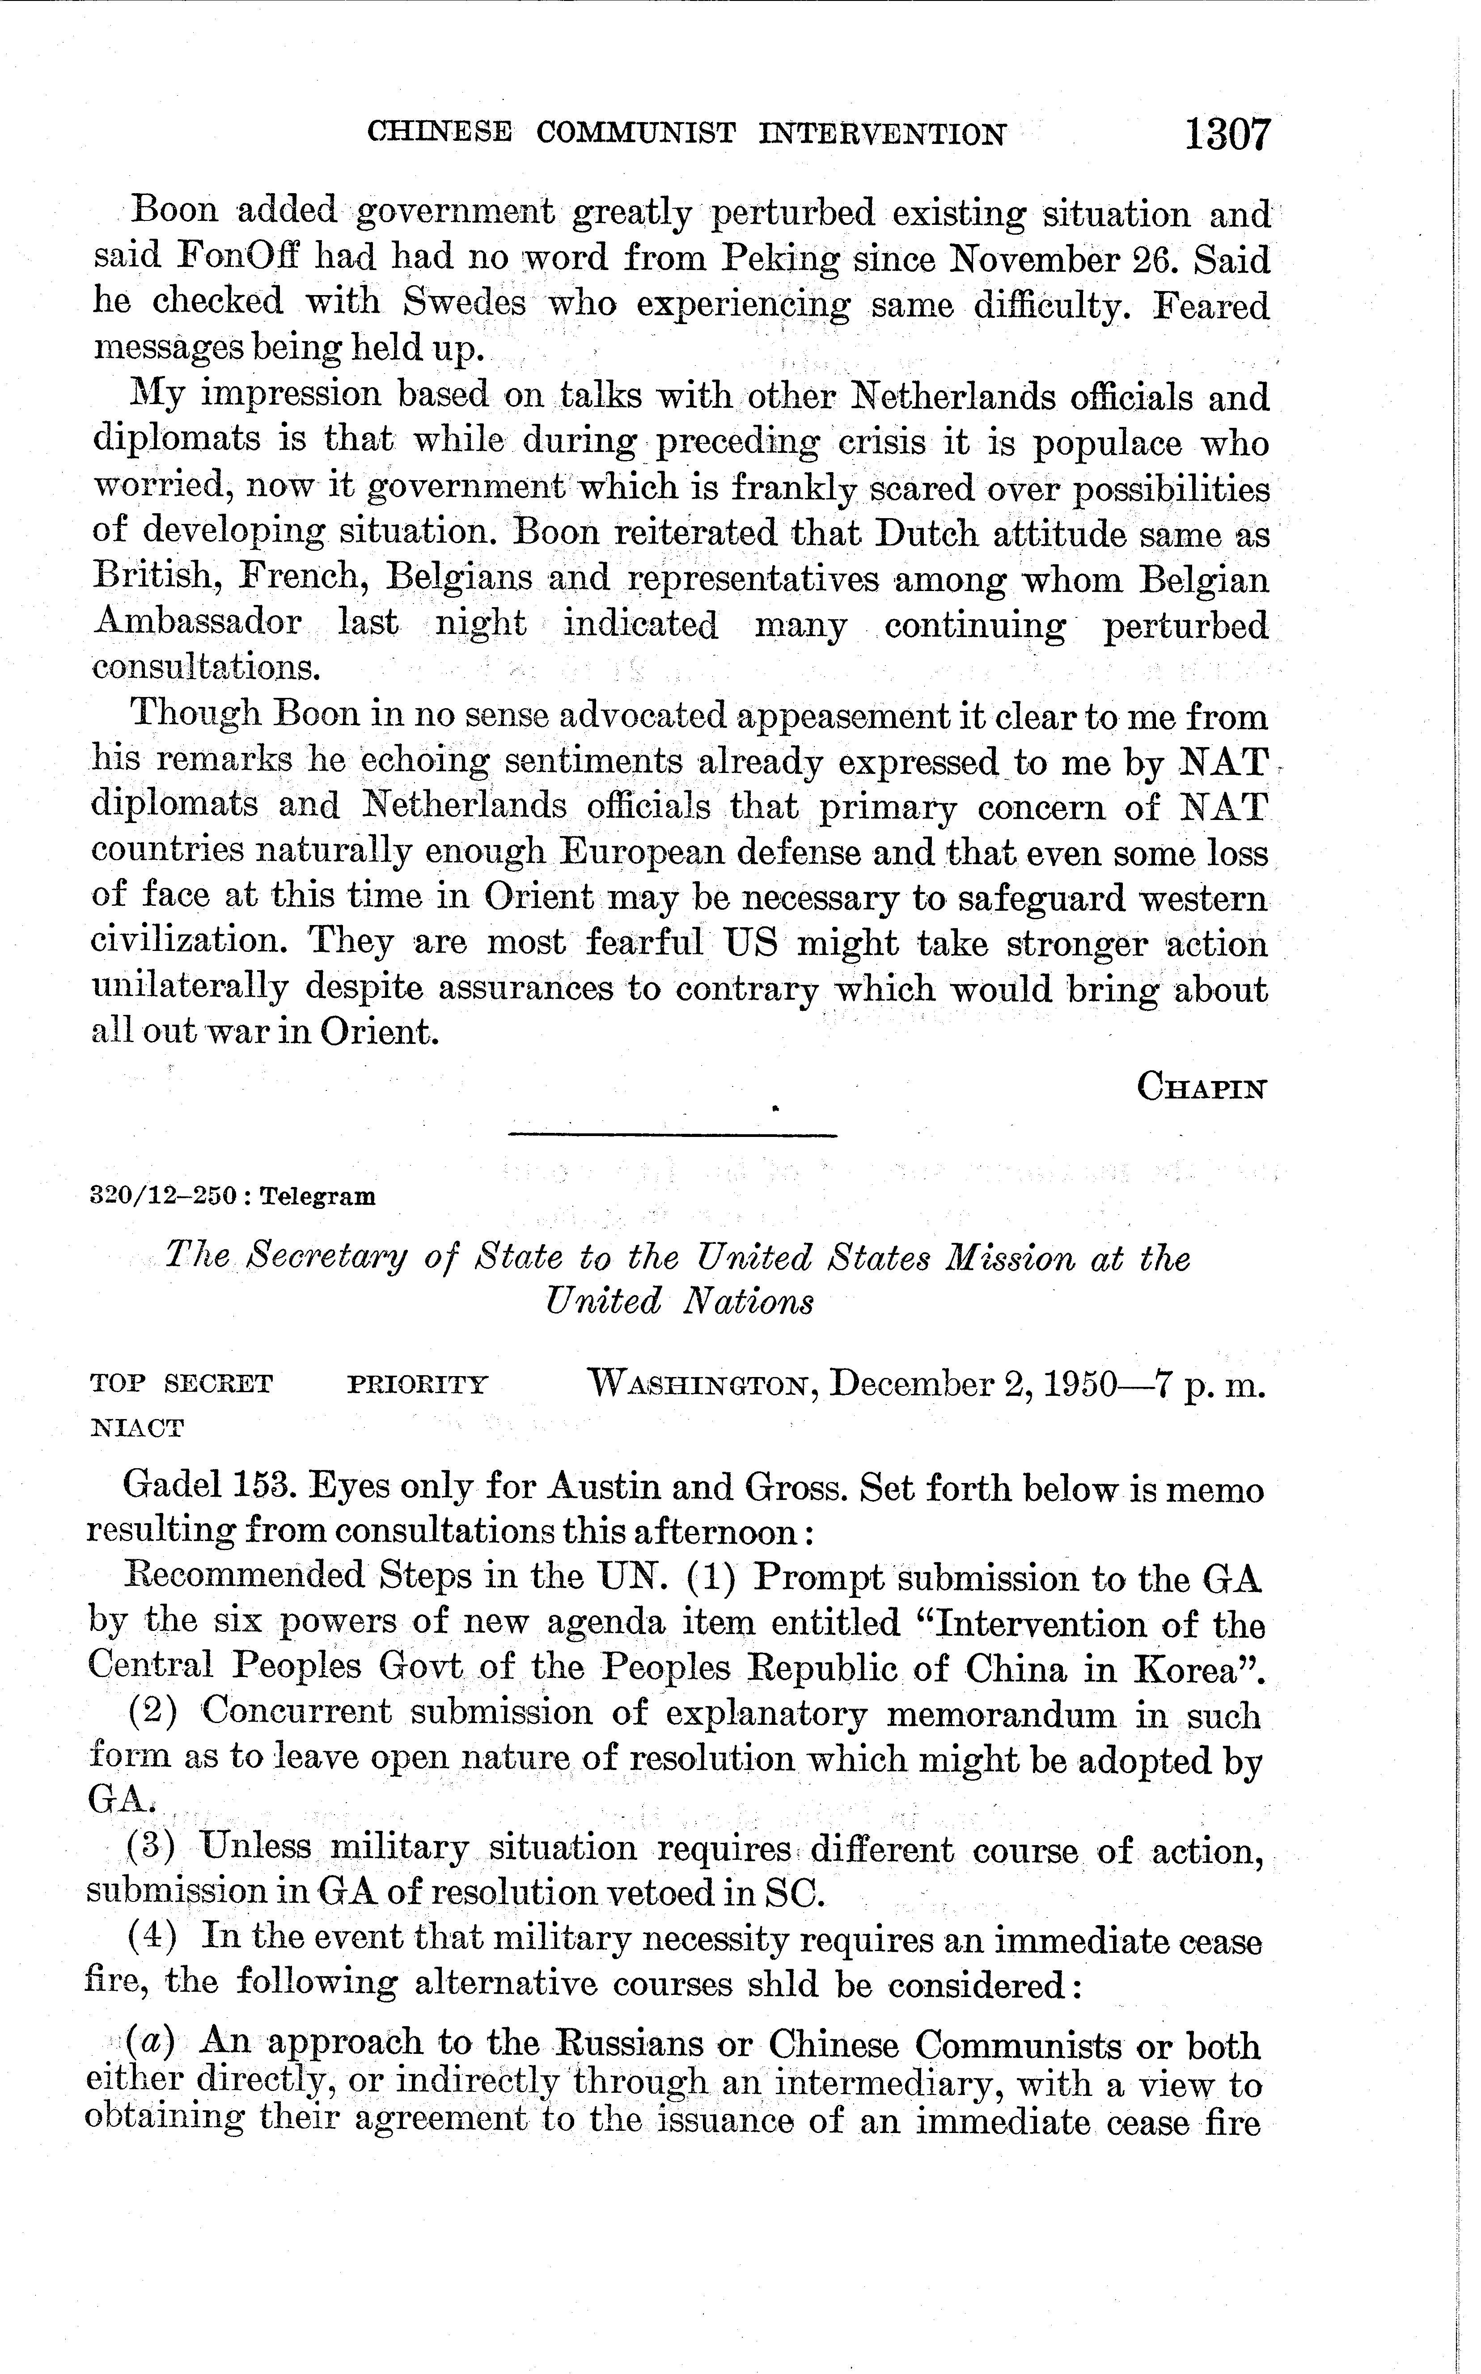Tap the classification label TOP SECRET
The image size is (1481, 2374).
coord(181,1384)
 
